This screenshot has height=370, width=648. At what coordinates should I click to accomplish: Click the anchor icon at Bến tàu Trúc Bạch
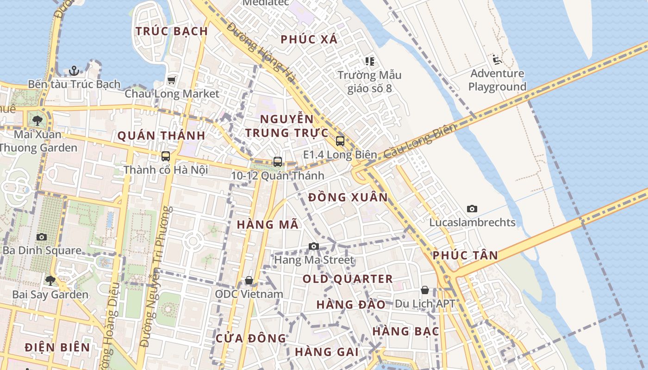(74, 71)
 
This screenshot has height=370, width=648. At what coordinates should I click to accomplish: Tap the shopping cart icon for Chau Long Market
(172, 80)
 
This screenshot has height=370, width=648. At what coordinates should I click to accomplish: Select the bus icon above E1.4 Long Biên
(340, 141)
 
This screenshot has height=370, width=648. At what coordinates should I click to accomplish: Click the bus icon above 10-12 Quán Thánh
(278, 162)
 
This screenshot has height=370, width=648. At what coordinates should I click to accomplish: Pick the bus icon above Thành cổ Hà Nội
(166, 156)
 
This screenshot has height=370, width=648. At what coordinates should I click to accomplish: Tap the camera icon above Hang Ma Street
(314, 246)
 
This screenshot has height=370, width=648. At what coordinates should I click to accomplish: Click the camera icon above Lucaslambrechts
(472, 209)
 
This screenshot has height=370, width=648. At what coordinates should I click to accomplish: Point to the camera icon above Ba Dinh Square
(42, 237)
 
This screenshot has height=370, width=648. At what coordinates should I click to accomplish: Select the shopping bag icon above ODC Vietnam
(249, 280)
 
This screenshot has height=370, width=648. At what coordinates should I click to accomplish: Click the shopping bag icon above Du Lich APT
(425, 290)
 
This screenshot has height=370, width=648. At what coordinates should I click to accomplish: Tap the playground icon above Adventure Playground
(497, 60)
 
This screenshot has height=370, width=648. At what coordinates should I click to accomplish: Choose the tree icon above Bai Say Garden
(50, 281)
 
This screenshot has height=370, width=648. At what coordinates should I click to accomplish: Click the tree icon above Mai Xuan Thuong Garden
(37, 121)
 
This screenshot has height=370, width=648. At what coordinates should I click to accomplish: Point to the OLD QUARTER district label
(348, 279)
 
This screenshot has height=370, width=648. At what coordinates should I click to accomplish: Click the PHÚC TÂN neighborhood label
(466, 255)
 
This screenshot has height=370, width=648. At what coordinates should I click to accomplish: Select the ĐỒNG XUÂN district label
(348, 197)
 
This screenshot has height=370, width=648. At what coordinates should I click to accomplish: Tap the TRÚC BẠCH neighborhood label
(172, 31)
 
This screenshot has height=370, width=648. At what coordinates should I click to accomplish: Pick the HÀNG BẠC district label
(406, 331)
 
